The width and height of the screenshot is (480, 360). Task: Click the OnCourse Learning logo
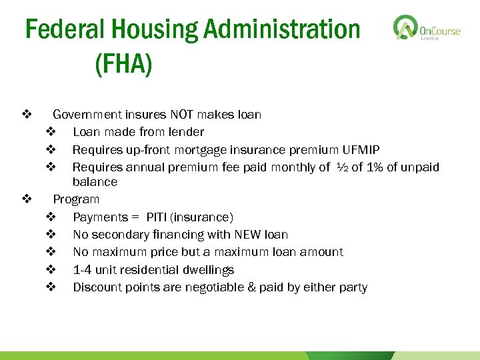pyautogui.click(x=427, y=29)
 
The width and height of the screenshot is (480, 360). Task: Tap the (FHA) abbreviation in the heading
pyautogui.click(x=124, y=64)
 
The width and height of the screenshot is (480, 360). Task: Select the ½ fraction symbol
pyautogui.click(x=340, y=167)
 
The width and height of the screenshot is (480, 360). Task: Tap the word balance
pyautogui.click(x=95, y=182)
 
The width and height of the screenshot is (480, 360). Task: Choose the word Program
pyautogui.click(x=76, y=199)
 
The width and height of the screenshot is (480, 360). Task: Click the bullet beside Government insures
pyautogui.click(x=27, y=115)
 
